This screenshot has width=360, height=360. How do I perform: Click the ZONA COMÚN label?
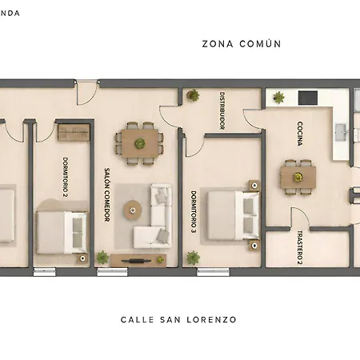pos(242,44)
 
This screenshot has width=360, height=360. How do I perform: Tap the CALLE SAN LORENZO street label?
pos(178,319)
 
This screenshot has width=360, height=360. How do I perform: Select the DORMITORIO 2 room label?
pos(66,177)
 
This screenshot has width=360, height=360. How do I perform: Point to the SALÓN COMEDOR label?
pos(106,194)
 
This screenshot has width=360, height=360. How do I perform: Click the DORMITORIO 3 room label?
pos(194,211)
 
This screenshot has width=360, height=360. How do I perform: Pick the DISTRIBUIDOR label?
pos(222,110)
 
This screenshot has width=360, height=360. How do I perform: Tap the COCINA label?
pos(300,134)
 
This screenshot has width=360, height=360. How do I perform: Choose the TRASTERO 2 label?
pos(300,247)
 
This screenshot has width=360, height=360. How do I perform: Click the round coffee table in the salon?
pos(133,210)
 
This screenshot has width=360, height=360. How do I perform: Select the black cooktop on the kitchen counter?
pos(308,98)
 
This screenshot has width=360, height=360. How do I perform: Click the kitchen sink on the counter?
pos(342,132)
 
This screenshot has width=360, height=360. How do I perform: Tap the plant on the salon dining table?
pos(140,143)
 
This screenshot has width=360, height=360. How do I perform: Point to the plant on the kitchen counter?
pos(278,98)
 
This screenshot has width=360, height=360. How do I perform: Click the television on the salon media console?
pos(138,261)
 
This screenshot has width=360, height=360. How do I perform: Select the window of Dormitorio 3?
pos(213,272)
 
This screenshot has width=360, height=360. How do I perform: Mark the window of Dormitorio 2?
pos(45,272)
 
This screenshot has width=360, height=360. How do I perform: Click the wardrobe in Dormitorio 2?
pos(74,132)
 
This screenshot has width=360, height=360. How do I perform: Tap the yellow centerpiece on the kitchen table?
pos(298,177)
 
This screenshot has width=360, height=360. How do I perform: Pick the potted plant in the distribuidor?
pos(193,95)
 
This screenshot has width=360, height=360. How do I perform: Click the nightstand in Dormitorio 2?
pos(82,258)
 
